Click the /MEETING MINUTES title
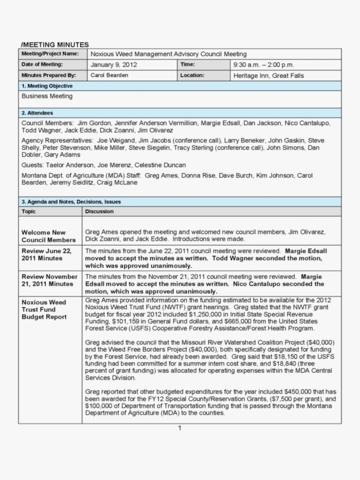(54, 45)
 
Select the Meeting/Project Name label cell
(50, 54)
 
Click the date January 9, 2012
(114, 65)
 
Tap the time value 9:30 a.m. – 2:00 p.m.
(263, 65)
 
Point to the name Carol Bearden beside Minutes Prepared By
(109, 75)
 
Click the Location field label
(192, 75)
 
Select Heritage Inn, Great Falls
(269, 76)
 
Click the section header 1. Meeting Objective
(47, 86)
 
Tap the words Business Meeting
(47, 96)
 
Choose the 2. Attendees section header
(37, 113)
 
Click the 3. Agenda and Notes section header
(71, 202)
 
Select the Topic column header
(29, 211)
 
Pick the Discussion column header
(99, 211)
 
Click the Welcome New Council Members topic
(48, 236)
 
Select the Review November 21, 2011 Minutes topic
(49, 280)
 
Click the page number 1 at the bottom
(180, 428)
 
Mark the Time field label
(187, 64)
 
